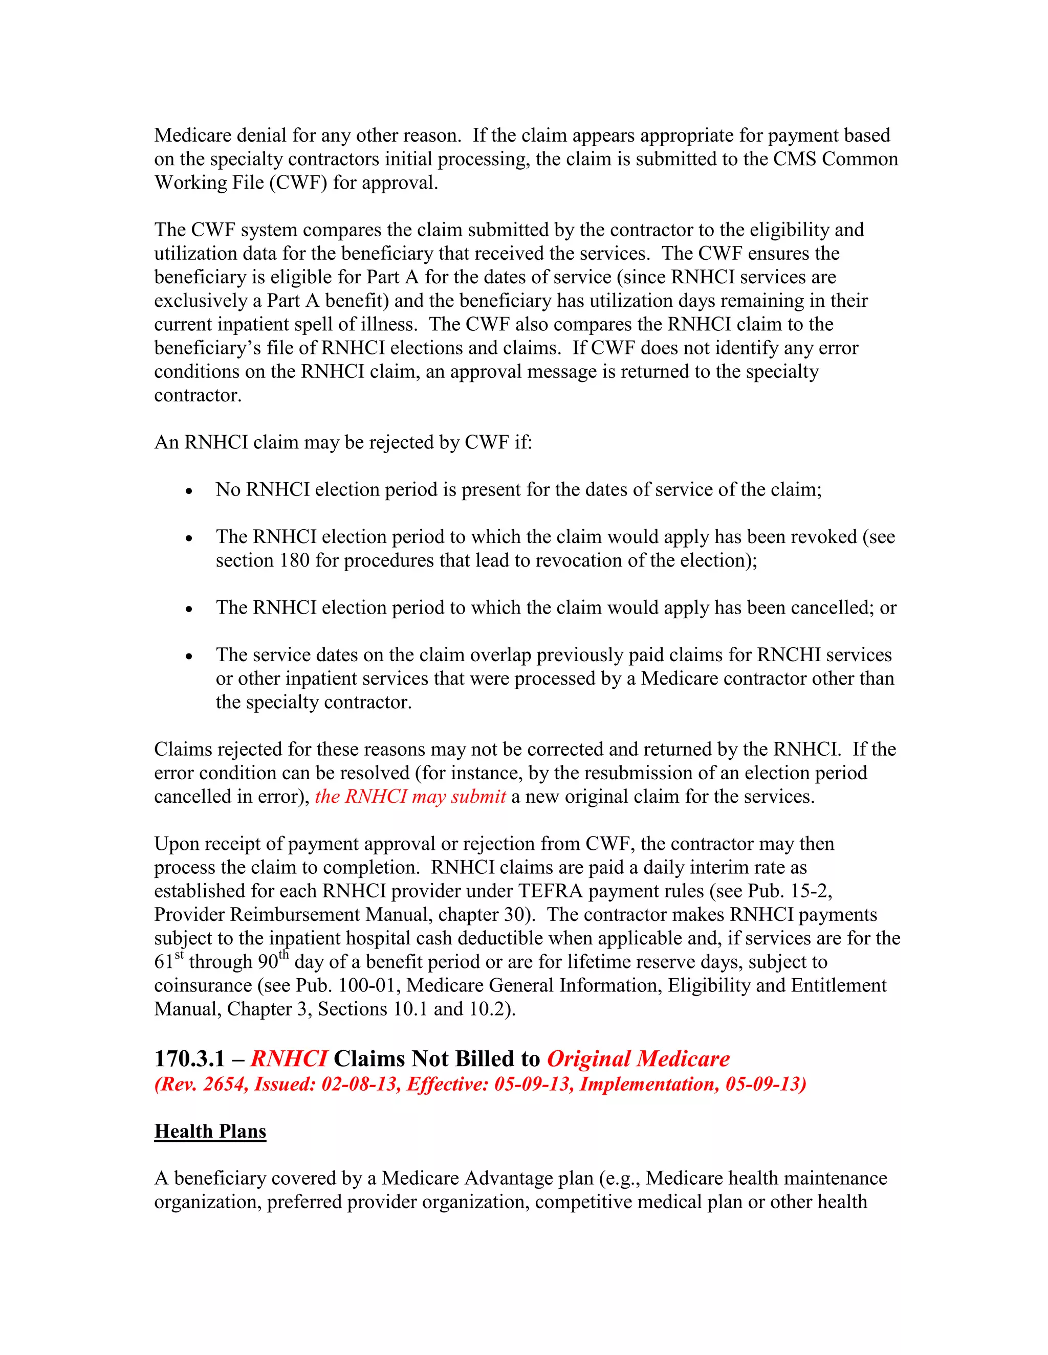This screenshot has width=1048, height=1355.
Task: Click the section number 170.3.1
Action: (x=189, y=1058)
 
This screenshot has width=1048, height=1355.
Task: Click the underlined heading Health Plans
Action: (x=210, y=1131)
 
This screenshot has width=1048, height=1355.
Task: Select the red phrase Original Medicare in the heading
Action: (x=638, y=1058)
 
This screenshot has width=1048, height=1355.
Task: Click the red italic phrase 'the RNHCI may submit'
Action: (x=410, y=797)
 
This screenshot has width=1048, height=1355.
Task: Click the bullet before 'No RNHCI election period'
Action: (x=189, y=491)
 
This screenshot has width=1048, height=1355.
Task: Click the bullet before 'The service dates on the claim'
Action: (x=189, y=657)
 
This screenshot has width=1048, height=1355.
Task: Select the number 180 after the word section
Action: (x=294, y=560)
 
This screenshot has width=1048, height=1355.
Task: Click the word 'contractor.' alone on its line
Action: (x=198, y=395)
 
